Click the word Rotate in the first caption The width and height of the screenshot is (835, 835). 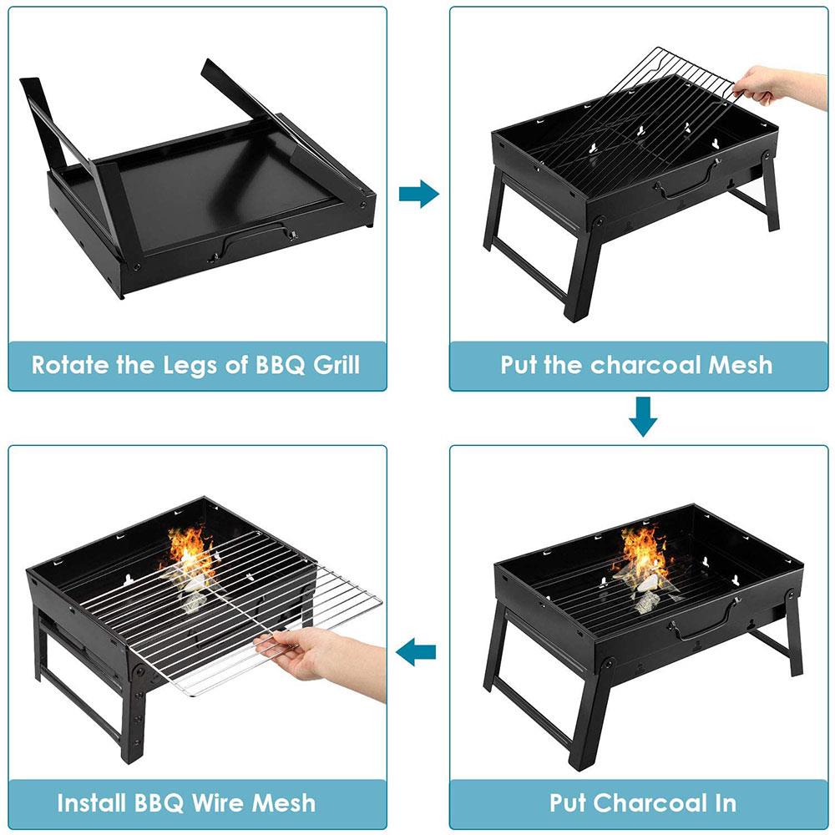pos(69,365)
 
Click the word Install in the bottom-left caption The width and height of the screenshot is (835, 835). pos(94,803)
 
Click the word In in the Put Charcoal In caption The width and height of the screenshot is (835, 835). pos(724,803)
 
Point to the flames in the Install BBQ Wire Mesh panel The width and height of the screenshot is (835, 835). pos(190,551)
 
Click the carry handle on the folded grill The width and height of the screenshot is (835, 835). pos(255,242)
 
